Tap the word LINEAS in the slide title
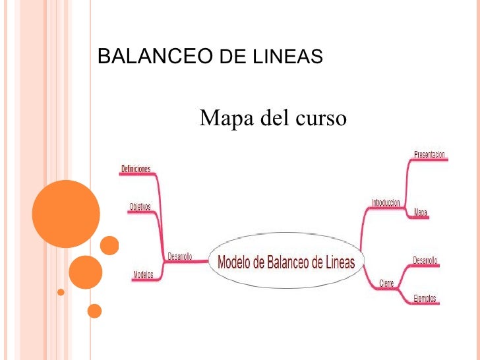pos(287,58)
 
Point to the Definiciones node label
pos(136,169)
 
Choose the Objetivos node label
pos(139,207)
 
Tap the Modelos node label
pos(143,274)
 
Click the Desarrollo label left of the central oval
pos(179,256)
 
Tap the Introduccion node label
pos(386,204)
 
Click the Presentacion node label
pos(429,155)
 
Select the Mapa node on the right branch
pos(421,212)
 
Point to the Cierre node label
pos(386,284)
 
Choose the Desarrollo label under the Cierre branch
pos(425,261)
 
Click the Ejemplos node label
pos(425,299)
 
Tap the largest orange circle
pos(66,214)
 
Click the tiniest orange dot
pos(61,291)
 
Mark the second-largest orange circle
pos(86,272)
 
